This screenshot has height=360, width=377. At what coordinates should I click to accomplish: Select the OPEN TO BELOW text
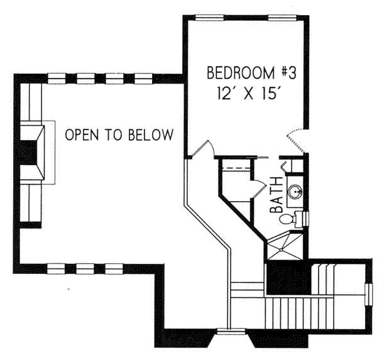coord(119,134)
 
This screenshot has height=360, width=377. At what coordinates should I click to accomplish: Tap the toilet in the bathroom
coord(288,220)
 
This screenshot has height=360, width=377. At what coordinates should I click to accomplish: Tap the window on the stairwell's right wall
coord(368,295)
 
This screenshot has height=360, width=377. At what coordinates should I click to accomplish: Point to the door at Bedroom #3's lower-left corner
coord(205,150)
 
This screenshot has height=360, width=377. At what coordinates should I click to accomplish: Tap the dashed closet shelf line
coord(238,170)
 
